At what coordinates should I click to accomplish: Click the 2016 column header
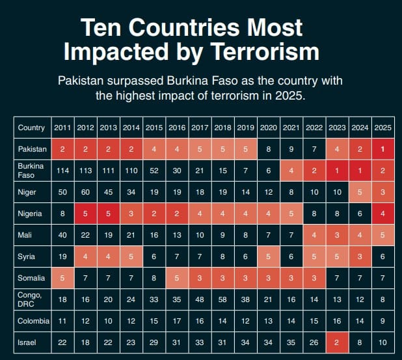point(178,128)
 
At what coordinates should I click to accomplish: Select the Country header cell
point(31,128)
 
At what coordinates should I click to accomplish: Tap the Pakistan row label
point(32,149)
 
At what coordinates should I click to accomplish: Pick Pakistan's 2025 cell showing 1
point(383,149)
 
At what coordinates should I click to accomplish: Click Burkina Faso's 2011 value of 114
point(63,171)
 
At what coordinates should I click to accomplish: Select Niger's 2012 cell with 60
point(86,192)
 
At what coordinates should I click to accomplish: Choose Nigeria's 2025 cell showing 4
point(383,213)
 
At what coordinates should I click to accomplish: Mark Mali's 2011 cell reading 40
point(63,234)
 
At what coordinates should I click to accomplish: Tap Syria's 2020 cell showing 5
point(269,256)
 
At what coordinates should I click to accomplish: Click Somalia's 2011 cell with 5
point(63,278)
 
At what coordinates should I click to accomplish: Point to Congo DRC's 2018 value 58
point(223,299)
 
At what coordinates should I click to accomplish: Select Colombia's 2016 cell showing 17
point(178,321)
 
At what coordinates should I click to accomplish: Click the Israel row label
point(27,342)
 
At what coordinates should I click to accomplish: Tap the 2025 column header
point(383,128)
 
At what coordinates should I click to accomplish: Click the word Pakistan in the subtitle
point(80,81)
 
